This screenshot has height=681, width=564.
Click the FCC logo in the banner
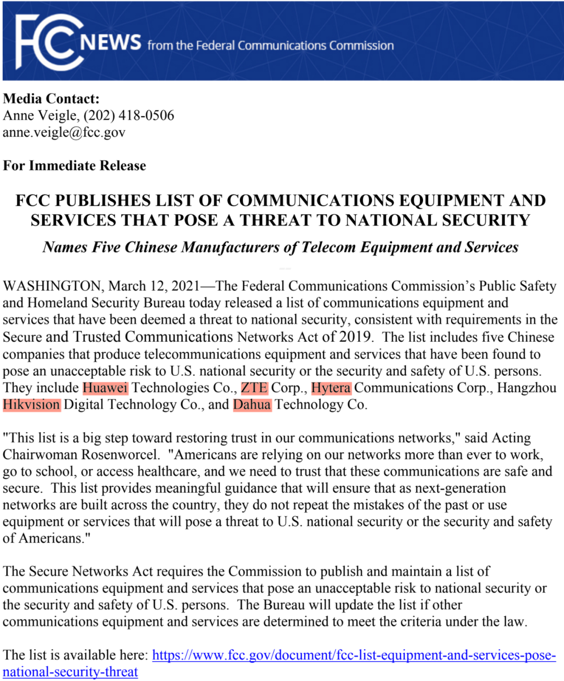50,42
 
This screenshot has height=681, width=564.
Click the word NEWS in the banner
111,42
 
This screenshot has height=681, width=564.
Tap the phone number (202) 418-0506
129,116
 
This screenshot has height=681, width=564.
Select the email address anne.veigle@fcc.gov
64,132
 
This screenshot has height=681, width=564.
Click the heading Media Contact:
51,99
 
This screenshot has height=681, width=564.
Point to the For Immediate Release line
75,166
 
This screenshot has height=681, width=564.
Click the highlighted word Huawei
105,388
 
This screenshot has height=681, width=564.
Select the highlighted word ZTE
254,388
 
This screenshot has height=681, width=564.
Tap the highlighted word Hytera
331,388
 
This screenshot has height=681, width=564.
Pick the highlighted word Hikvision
31,405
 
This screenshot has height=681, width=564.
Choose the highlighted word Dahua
252,405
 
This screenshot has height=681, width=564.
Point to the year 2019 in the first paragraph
355,337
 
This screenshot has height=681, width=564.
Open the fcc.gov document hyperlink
354,655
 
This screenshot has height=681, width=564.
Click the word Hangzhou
526,388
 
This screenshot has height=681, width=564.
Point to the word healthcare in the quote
167,471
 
